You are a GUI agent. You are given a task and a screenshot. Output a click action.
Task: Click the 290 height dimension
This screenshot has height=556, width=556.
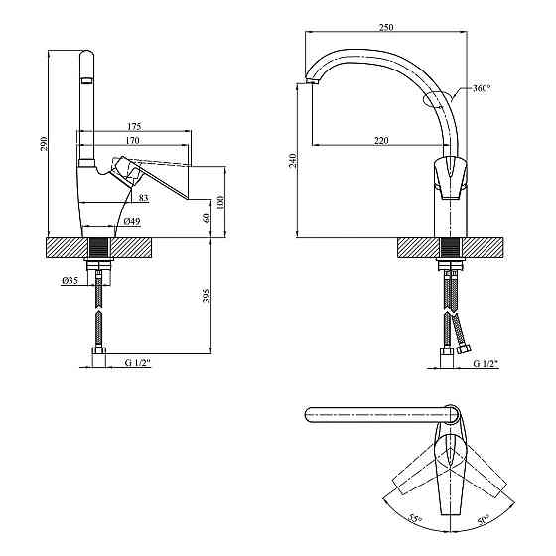pos(44,143)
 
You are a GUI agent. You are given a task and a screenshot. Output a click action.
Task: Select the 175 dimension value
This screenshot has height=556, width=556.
pos(134,126)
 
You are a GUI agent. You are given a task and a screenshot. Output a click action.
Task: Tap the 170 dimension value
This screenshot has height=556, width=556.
pos(133,140)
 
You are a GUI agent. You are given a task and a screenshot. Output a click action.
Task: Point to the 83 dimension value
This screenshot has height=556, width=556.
pos(143,198)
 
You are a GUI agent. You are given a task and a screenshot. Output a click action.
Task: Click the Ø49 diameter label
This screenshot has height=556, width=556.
pos(132,221)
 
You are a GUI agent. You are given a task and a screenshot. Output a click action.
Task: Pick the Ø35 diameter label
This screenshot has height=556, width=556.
pos(69,281)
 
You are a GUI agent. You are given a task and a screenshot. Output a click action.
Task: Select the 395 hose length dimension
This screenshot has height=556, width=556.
pos(208,295)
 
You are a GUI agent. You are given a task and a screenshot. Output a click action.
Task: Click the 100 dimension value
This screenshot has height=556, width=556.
pos(220,202)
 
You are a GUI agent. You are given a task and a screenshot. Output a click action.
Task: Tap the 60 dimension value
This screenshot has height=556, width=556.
pos(208,217)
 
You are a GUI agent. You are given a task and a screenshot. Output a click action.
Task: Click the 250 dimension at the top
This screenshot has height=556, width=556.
pos(386,27)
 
